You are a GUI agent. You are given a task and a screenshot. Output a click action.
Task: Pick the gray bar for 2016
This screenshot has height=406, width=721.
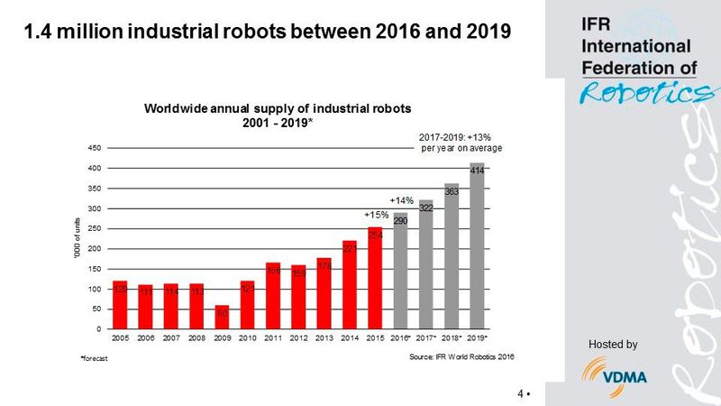(x=401, y=271)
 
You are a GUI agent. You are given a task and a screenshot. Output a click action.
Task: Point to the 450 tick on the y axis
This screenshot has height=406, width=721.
(x=95, y=147)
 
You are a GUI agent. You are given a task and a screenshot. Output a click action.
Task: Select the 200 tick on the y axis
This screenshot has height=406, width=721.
(x=95, y=248)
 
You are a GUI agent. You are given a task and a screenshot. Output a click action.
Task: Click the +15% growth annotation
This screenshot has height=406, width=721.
(x=376, y=216)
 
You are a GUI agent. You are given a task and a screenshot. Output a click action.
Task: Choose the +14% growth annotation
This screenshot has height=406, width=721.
(x=401, y=200)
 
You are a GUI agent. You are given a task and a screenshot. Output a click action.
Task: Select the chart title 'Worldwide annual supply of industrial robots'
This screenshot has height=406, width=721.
(x=278, y=107)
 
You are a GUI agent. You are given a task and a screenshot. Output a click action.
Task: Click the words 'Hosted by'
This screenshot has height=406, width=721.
(x=613, y=344)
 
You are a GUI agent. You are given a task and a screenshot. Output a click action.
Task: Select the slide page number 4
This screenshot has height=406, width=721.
(x=521, y=393)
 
